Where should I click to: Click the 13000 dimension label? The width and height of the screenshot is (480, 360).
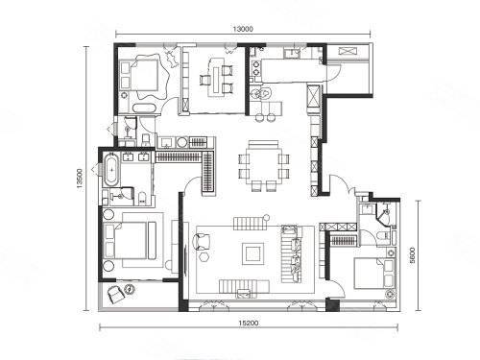[243, 29]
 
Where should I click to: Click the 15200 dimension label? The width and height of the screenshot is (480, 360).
[249, 324]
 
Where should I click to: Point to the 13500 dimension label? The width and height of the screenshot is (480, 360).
[80, 178]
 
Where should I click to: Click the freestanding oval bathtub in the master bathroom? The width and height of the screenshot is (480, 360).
[111, 170]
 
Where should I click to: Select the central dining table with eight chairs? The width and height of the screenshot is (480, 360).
[264, 166]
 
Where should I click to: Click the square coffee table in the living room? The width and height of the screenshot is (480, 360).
[253, 253]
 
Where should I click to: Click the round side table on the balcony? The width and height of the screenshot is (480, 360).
[130, 289]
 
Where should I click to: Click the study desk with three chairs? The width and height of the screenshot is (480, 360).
[217, 77]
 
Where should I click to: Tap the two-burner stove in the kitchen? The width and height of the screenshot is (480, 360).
[256, 67]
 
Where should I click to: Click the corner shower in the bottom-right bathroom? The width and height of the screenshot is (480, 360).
[385, 212]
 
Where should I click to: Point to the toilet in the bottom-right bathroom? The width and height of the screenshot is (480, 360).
[382, 236]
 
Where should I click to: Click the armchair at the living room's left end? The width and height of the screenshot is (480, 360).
[202, 242]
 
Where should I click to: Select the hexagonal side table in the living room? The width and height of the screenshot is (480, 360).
[204, 257]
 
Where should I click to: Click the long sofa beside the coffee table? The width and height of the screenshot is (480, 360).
[291, 254]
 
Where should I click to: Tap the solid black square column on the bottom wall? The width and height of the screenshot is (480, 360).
[332, 305]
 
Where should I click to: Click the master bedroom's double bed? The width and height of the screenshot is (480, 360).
[130, 241]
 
